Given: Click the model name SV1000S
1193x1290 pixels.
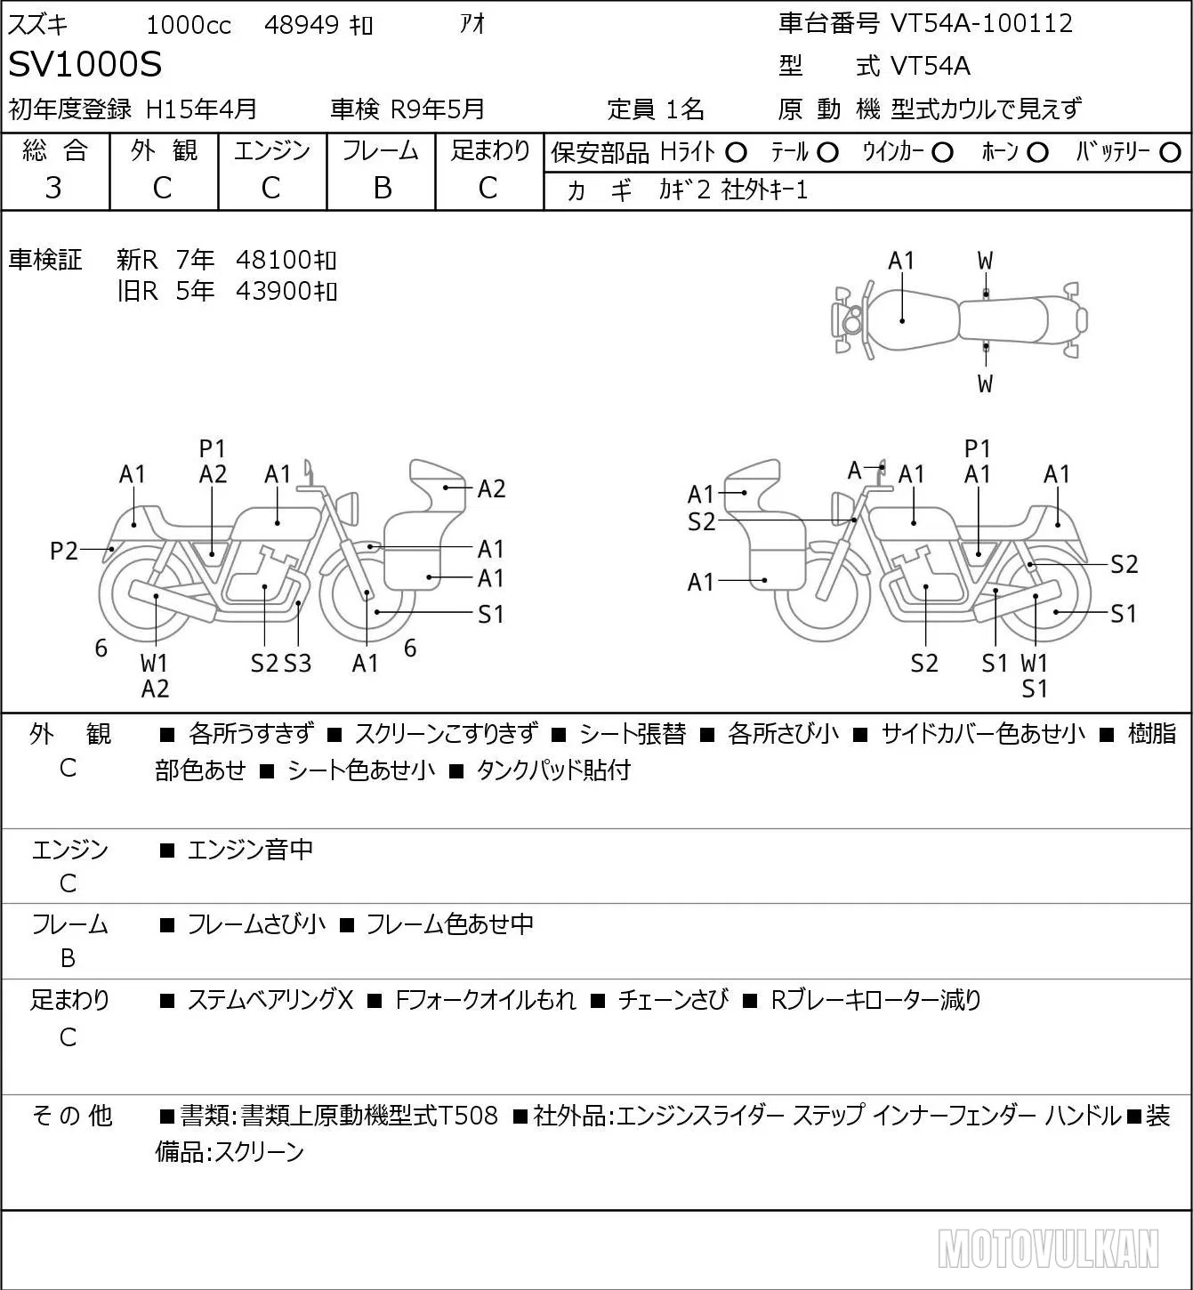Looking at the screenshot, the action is pyautogui.click(x=85, y=64).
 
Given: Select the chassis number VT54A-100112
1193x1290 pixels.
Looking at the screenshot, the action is pyautogui.click(x=981, y=23).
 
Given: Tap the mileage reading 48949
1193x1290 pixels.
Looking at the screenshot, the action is pyautogui.click(x=302, y=25).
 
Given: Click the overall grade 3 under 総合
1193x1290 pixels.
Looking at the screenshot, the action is pyautogui.click(x=53, y=188).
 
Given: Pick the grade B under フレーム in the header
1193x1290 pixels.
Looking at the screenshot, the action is pyautogui.click(x=382, y=188).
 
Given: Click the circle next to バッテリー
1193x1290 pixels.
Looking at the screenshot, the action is pyautogui.click(x=1170, y=153).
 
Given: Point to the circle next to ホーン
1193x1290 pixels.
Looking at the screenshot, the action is pyautogui.click(x=1037, y=153).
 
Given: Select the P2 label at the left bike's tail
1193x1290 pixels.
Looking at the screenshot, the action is pyautogui.click(x=64, y=551).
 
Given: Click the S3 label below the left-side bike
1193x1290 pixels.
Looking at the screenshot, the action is pyautogui.click(x=298, y=663).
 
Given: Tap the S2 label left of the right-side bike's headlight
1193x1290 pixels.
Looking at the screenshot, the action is pyautogui.click(x=701, y=521).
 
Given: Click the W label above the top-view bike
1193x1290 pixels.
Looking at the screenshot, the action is pyautogui.click(x=985, y=262).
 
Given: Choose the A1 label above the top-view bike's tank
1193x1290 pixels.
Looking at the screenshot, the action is pyautogui.click(x=901, y=262).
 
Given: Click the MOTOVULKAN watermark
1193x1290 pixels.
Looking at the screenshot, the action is pyautogui.click(x=1048, y=1248).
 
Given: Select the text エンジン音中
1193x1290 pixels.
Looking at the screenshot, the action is pyautogui.click(x=250, y=850).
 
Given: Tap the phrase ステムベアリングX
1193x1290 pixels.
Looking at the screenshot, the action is pyautogui.click(x=270, y=1000).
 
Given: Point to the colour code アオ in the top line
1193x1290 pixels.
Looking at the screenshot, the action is pyautogui.click(x=472, y=24).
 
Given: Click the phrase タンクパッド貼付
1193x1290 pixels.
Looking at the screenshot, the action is pyautogui.click(x=553, y=770).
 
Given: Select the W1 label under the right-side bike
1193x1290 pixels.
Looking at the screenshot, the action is pyautogui.click(x=1035, y=663).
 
